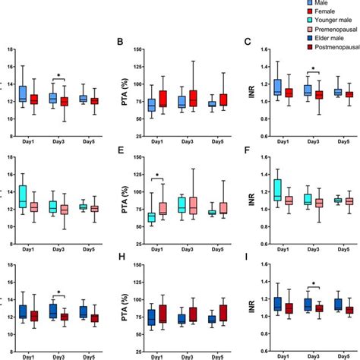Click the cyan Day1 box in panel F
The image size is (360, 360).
278,189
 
